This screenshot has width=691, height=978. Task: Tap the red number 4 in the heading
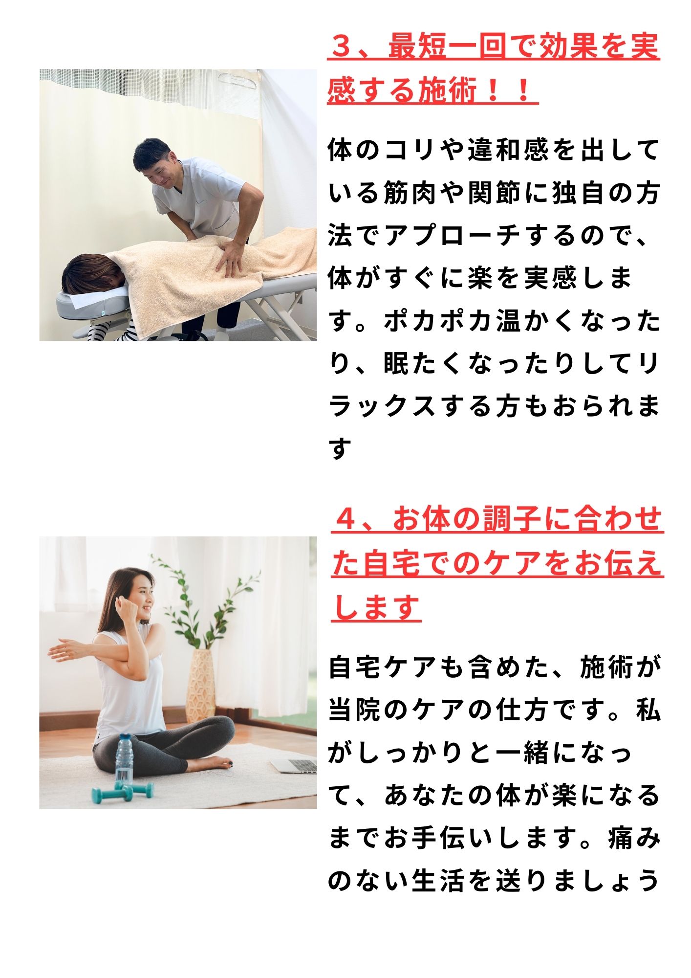click(347, 520)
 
